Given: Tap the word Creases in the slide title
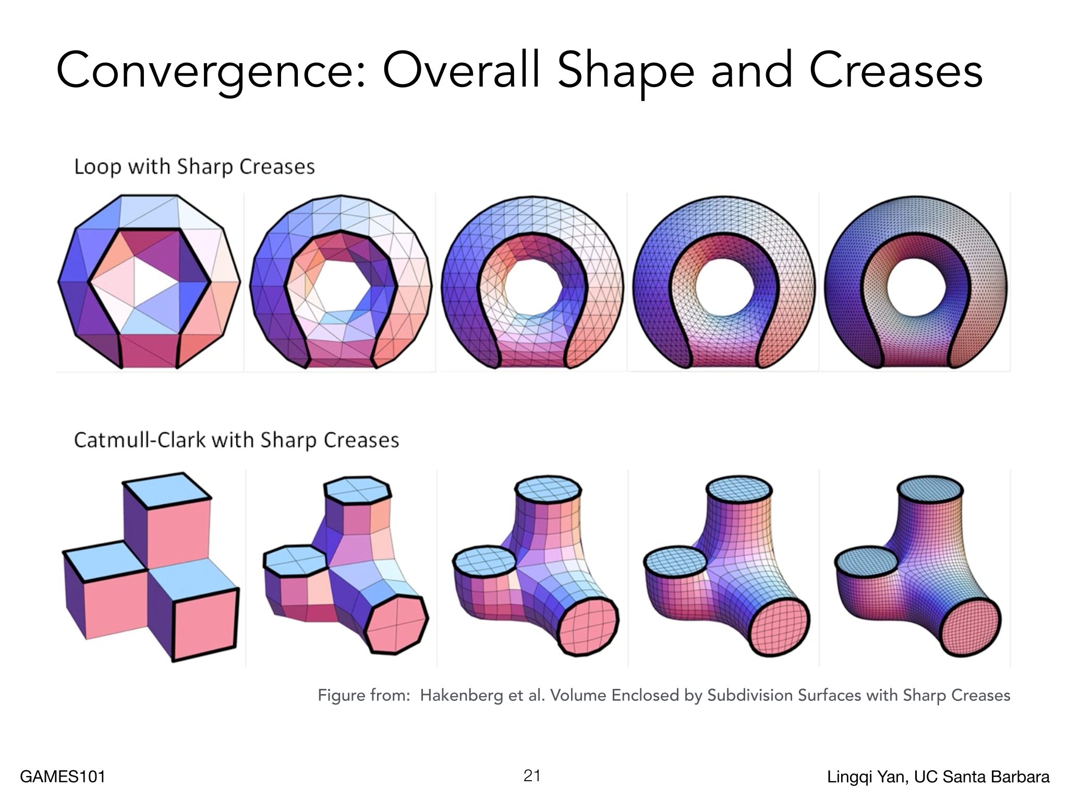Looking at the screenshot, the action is tap(895, 71).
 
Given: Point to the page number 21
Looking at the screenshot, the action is tap(532, 776).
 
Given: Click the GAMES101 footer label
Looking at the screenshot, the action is tap(63, 777).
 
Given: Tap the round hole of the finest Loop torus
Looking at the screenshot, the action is tap(916, 286).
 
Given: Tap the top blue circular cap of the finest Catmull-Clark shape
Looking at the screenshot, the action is tap(930, 493).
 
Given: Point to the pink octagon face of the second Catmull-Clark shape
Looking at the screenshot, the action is tap(396, 624).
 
